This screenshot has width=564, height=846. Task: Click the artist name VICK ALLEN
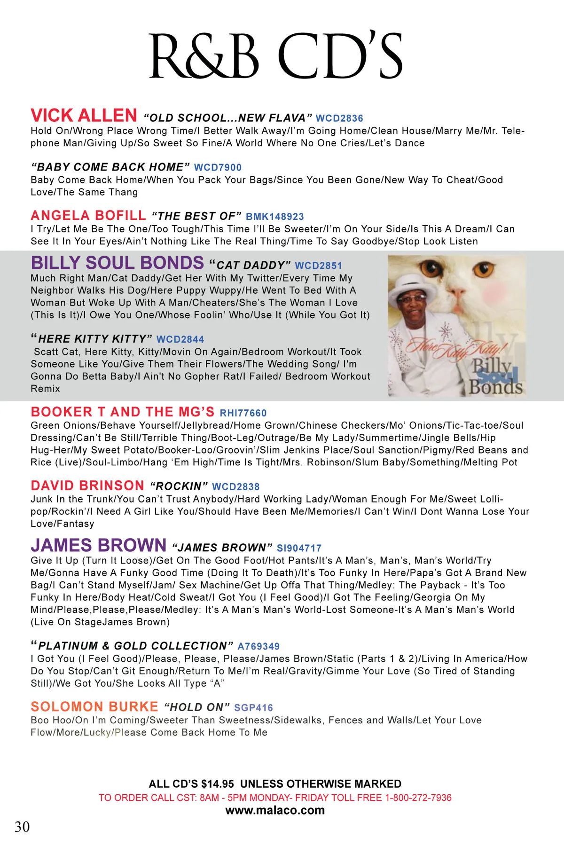pyautogui.click(x=84, y=116)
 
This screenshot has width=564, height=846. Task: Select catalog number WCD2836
pyautogui.click(x=339, y=118)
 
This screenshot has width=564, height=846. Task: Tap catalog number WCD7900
pyautogui.click(x=218, y=167)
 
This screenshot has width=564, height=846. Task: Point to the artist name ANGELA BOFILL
pyautogui.click(x=88, y=216)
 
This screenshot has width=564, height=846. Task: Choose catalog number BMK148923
pyautogui.click(x=275, y=217)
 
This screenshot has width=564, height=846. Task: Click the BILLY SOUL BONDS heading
pyautogui.click(x=117, y=263)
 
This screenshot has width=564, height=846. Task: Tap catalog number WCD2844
pyautogui.click(x=180, y=339)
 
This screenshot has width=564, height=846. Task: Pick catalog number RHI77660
pyautogui.click(x=243, y=413)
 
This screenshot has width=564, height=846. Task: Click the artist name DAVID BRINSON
pyautogui.click(x=87, y=486)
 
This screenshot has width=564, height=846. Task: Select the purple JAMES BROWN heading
pyautogui.click(x=99, y=546)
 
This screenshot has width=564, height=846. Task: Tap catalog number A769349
pyautogui.click(x=258, y=646)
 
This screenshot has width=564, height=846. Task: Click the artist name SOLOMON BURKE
pyautogui.click(x=94, y=707)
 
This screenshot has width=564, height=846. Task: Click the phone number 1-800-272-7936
pyautogui.click(x=418, y=798)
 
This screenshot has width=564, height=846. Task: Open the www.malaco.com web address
pyautogui.click(x=275, y=810)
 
